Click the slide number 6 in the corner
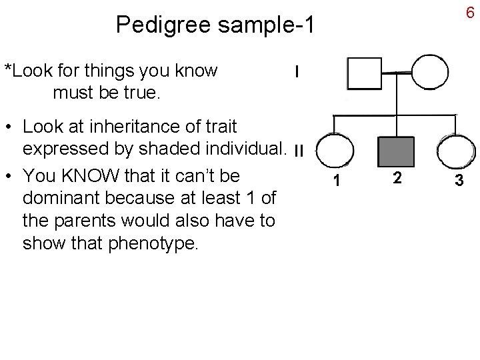[x=469, y=13]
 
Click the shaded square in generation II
[x=397, y=151]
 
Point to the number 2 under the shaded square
[x=397, y=177]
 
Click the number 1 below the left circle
[x=339, y=181]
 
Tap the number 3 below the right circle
[x=458, y=180]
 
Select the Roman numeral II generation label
[x=298, y=151]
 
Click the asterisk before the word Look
[x=8, y=69]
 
